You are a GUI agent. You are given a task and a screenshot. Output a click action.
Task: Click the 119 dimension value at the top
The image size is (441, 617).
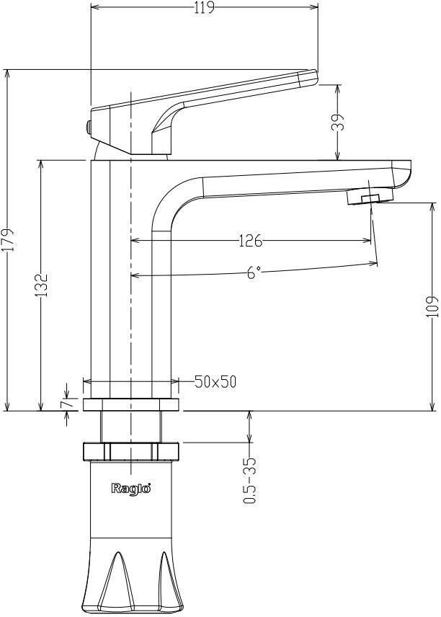(204, 8)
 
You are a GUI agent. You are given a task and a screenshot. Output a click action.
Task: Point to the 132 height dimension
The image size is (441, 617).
(43, 284)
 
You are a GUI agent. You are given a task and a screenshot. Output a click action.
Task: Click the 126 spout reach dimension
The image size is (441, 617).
(249, 240)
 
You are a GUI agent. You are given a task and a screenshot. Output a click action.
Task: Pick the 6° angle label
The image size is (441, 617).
(253, 273)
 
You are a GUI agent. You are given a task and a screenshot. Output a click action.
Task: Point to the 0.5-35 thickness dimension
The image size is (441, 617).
(249, 479)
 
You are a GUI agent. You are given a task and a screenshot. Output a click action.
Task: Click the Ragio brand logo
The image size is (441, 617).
(130, 489)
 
